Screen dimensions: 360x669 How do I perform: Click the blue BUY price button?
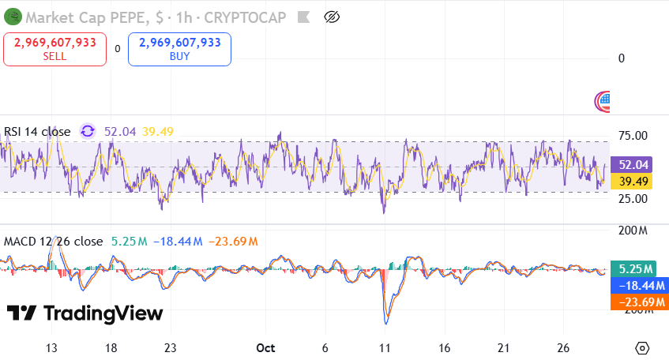tap(179, 48)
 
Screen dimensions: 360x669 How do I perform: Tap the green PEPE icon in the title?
tap(10, 16)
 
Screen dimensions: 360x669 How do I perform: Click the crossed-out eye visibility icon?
tap(333, 17)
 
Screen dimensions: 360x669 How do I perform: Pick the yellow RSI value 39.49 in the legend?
tap(157, 132)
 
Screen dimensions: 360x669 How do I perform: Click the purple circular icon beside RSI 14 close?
tap(88, 132)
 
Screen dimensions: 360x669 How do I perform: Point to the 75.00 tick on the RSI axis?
tap(632, 136)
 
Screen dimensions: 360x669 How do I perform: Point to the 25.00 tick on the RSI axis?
tap(632, 198)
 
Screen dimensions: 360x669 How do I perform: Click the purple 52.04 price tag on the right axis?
tap(634, 165)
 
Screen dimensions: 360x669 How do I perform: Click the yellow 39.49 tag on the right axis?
tap(634, 182)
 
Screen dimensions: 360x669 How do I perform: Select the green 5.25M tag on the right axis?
tap(637, 268)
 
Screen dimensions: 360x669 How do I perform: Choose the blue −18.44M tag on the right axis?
tap(639, 285)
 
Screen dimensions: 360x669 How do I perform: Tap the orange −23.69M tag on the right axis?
tap(639, 302)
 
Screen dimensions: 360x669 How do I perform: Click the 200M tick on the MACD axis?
tap(633, 231)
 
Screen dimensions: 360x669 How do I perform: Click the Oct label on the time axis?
tap(266, 348)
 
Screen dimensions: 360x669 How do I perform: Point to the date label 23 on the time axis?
tap(170, 348)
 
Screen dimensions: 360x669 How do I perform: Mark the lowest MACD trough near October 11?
tap(386, 322)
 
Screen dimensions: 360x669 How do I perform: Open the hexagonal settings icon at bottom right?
tap(642, 348)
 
